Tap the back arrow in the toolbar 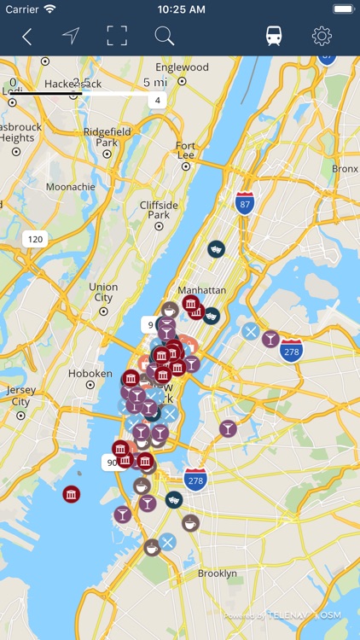27,36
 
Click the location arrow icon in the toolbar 71,36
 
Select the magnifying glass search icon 164,36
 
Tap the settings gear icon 322,36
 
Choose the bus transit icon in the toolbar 274,36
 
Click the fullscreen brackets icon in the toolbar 117,36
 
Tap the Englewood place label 183,67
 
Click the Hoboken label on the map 90,374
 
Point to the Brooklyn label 218,573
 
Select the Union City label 103,293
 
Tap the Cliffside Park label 159,211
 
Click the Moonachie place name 71,187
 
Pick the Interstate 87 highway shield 245,203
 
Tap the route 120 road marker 35,240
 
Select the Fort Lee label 186,150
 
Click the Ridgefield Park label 107,137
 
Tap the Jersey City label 20,396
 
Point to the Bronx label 345,169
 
